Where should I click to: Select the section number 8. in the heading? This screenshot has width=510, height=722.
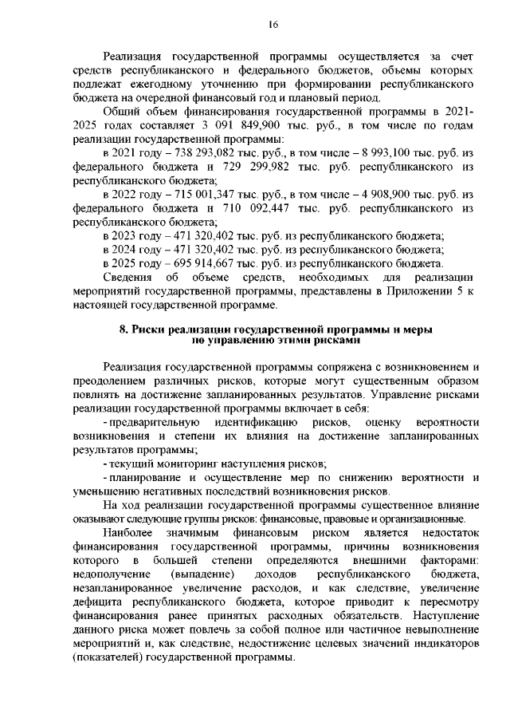coord(124,329)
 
